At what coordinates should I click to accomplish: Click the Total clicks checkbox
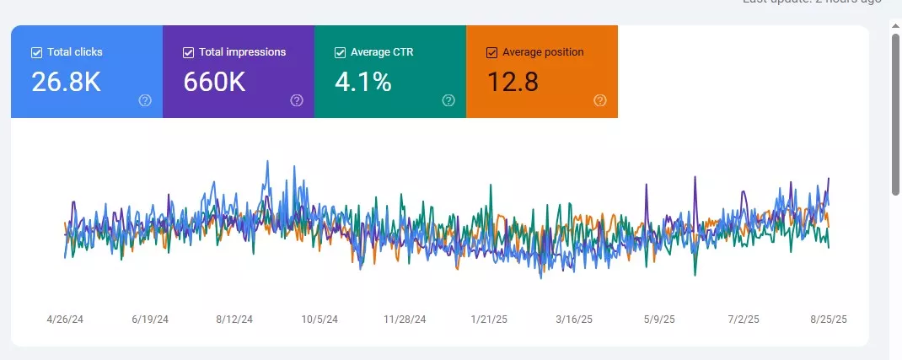click(36, 52)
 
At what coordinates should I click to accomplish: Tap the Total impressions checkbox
click(188, 52)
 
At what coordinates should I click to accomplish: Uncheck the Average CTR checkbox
click(340, 52)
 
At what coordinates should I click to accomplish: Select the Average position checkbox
click(491, 52)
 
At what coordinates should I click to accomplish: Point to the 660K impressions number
click(215, 82)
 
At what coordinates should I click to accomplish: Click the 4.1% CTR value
click(363, 82)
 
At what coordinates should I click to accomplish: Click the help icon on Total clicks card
click(145, 100)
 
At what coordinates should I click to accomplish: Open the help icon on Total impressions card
click(297, 100)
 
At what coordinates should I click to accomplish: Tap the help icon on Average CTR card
click(448, 100)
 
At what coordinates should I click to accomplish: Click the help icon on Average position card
click(600, 100)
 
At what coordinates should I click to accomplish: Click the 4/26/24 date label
click(65, 320)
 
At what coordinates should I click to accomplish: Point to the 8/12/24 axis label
click(234, 320)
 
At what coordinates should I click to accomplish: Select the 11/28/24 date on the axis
click(405, 320)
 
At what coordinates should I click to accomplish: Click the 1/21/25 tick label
click(489, 320)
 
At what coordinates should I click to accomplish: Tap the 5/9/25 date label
click(658, 320)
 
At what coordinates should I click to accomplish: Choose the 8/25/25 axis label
click(828, 320)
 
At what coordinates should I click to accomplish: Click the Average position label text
click(543, 52)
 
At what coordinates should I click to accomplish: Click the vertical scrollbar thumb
click(895, 110)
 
